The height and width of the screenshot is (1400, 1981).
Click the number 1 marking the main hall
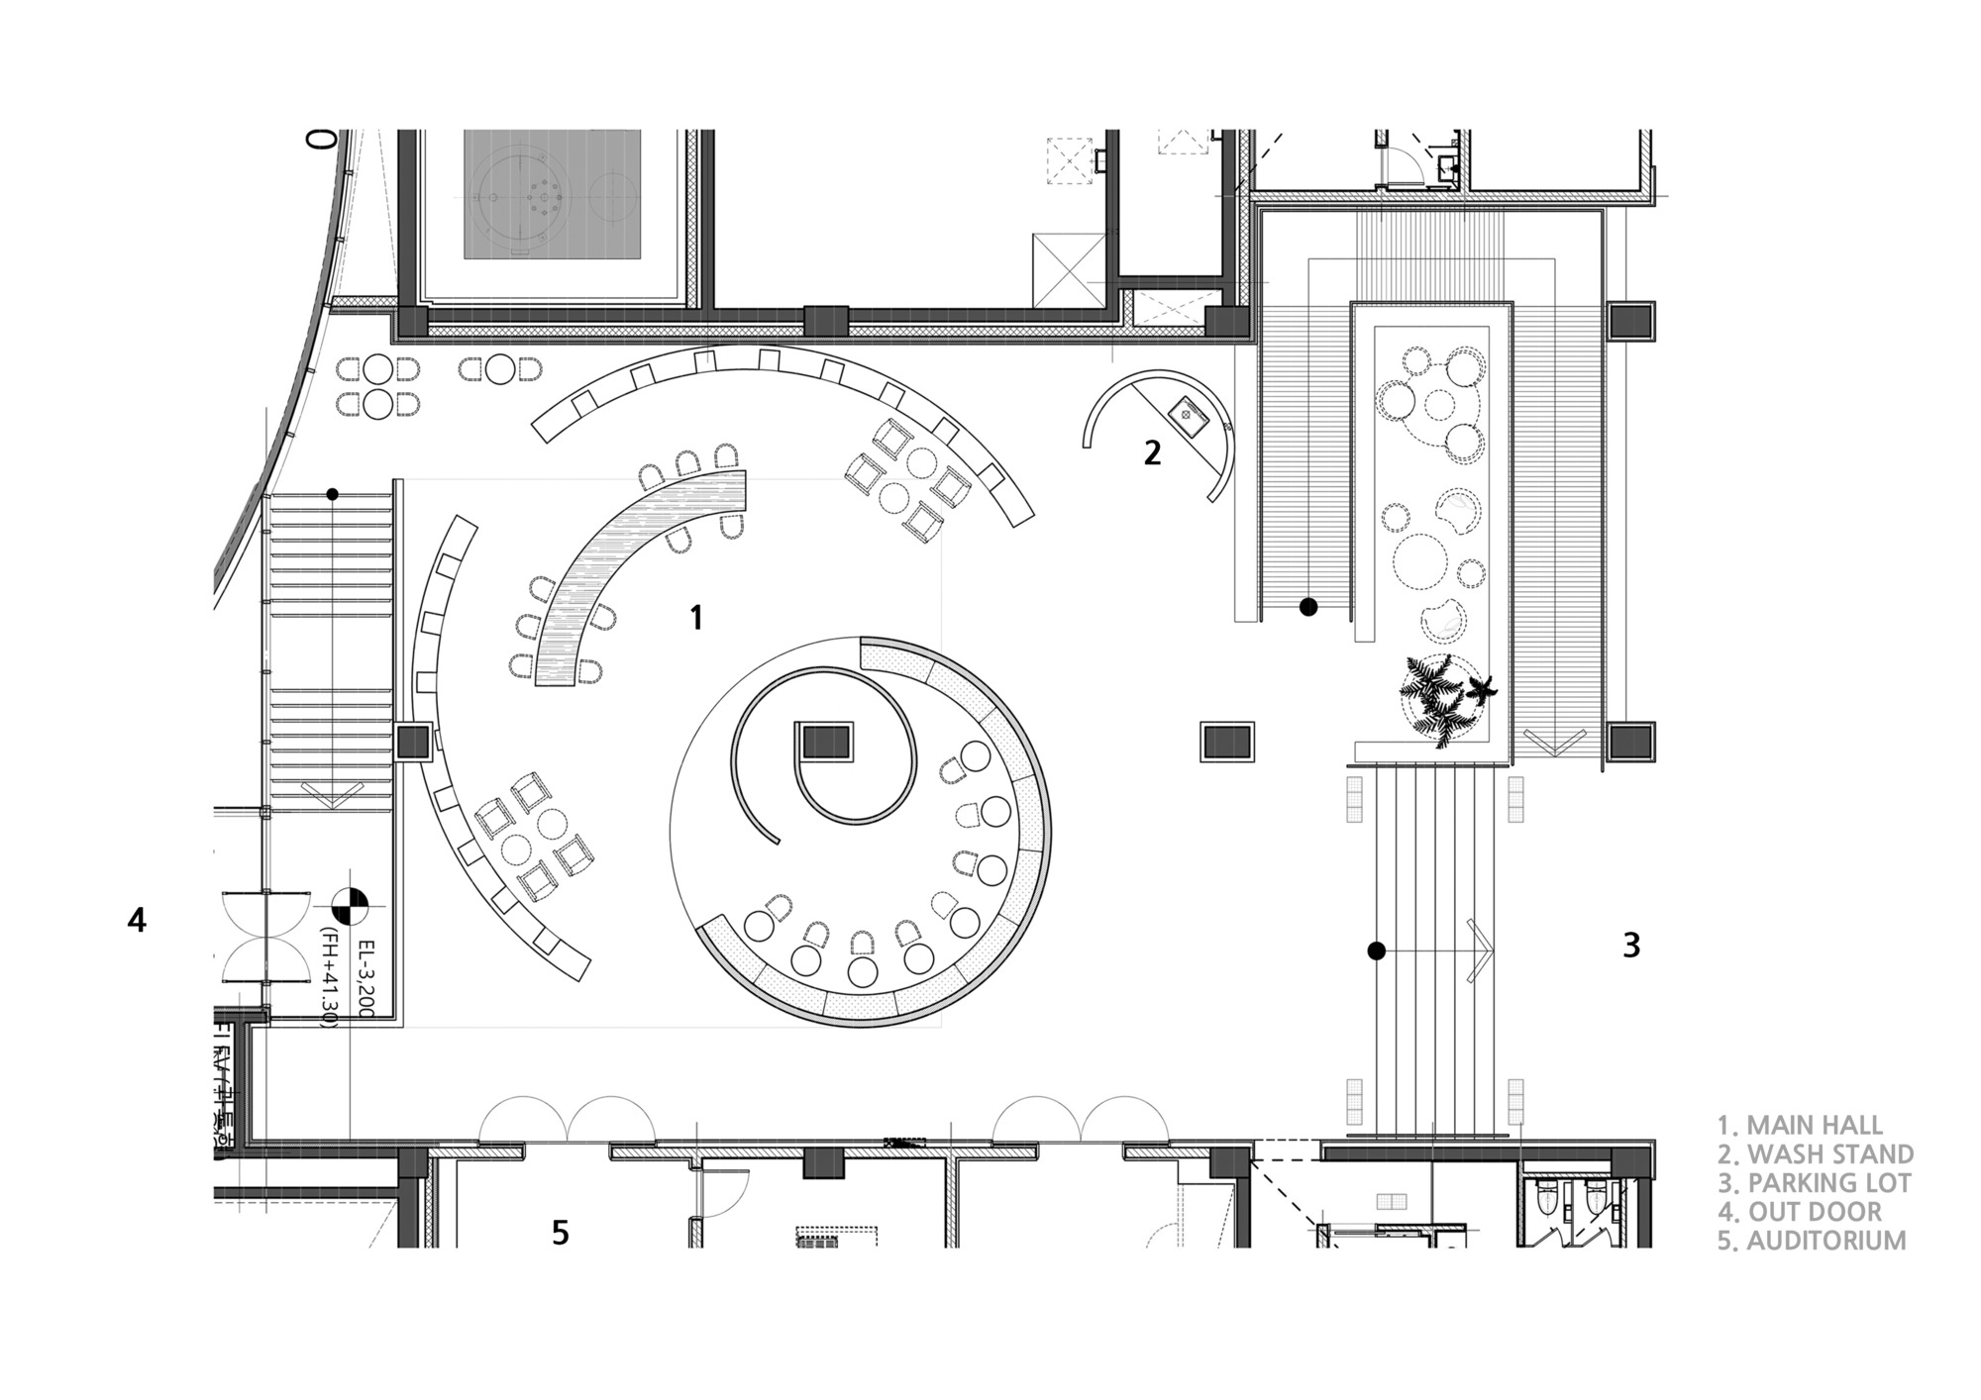pyautogui.click(x=696, y=618)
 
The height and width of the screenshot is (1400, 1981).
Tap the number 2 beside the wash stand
pyautogui.click(x=1152, y=452)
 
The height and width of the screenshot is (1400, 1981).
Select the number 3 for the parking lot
pyautogui.click(x=1631, y=946)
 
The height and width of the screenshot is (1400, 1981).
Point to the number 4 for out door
pyautogui.click(x=137, y=920)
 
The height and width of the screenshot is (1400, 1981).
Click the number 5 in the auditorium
pyautogui.click(x=561, y=1233)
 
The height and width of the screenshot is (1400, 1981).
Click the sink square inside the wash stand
pyautogui.click(x=1187, y=411)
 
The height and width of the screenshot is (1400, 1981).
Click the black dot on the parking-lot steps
pyautogui.click(x=1376, y=951)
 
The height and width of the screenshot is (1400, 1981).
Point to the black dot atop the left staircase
pyautogui.click(x=333, y=494)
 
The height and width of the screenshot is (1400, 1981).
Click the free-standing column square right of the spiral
pyautogui.click(x=1227, y=741)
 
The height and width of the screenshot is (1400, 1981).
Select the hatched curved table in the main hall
pyautogui.click(x=634, y=574)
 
